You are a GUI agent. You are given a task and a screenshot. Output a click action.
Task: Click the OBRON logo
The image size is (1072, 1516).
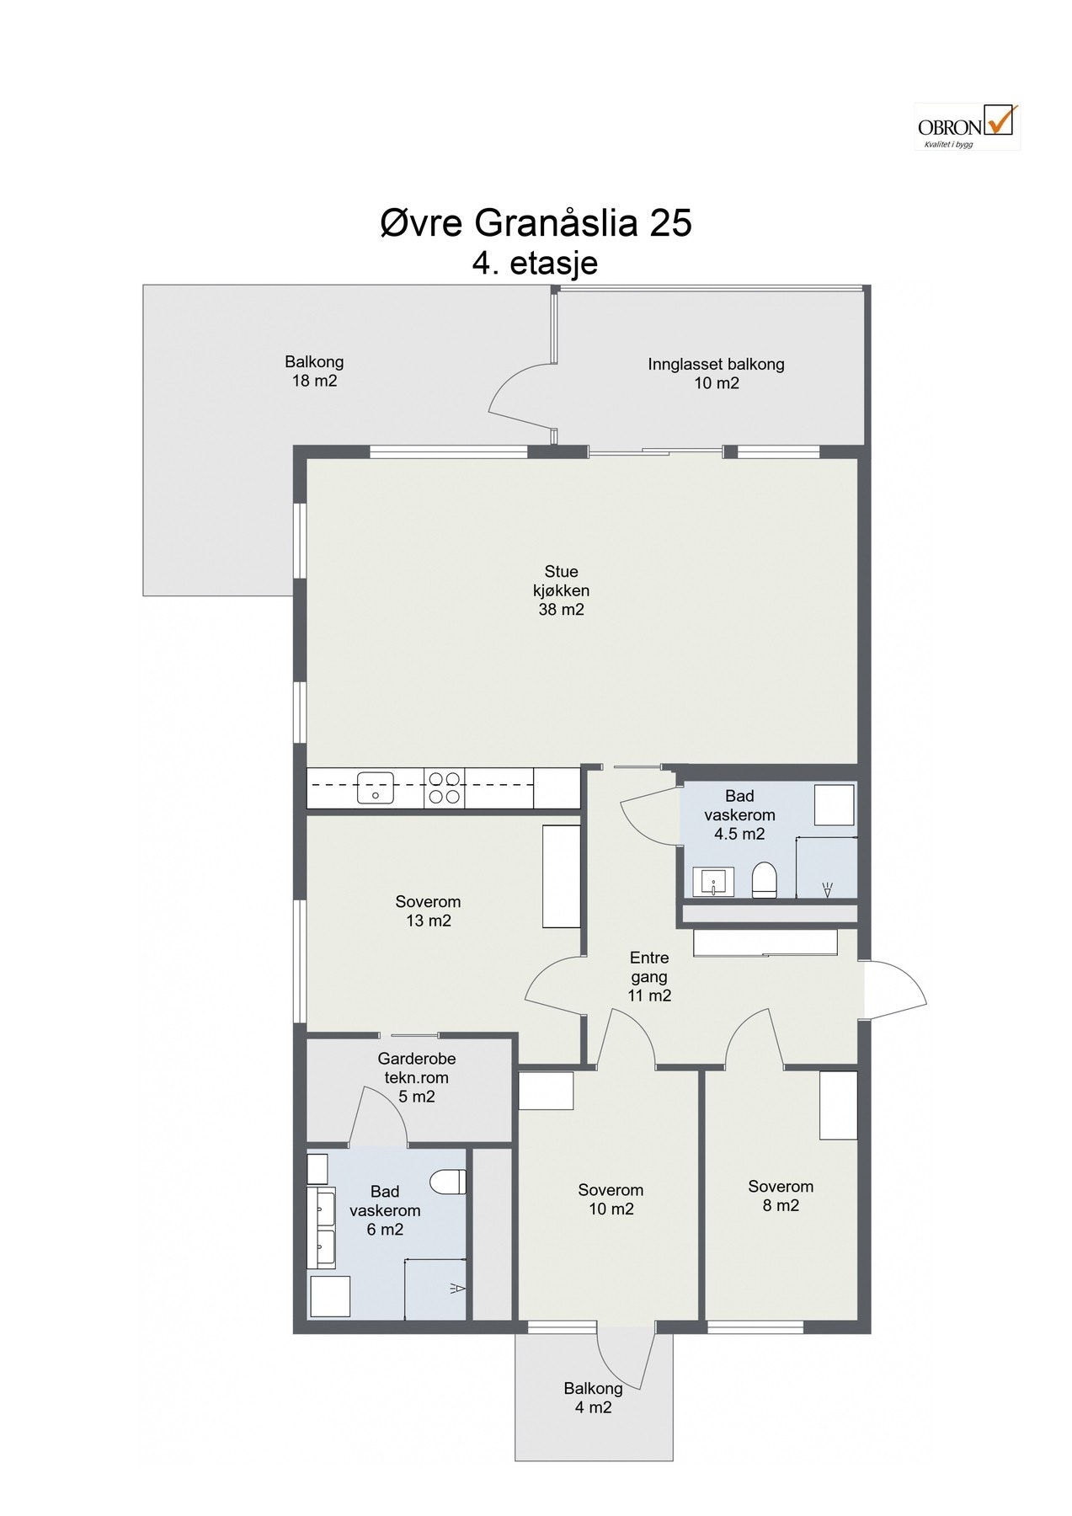[x=967, y=126]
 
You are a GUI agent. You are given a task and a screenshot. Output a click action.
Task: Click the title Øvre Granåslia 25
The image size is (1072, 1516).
[x=536, y=223]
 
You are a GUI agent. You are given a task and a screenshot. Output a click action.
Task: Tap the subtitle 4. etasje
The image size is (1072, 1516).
[x=536, y=263]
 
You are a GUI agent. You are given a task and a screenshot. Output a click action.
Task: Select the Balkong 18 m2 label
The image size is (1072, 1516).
[x=314, y=371]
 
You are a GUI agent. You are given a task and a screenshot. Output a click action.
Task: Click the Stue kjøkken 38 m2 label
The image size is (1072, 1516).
[x=561, y=590]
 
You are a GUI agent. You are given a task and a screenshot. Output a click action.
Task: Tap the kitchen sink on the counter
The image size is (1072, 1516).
[x=376, y=788]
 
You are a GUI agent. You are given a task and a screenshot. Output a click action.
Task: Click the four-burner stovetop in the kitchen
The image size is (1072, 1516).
[x=445, y=788]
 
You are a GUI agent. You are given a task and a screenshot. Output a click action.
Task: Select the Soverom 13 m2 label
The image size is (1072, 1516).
[x=429, y=911]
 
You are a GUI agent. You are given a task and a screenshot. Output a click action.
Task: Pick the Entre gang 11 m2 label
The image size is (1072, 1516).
[x=649, y=976]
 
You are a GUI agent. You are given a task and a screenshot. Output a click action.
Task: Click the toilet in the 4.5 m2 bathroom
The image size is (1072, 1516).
[x=764, y=879]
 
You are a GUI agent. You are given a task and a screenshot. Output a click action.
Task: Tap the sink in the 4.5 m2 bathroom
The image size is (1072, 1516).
[x=713, y=882]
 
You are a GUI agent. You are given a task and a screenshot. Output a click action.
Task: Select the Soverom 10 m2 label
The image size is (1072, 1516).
[x=611, y=1199]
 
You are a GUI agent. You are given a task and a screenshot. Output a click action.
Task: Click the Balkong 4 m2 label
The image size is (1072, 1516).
[x=594, y=1397]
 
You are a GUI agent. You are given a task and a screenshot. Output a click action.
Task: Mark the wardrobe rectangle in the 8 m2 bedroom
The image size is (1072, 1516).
[x=839, y=1105]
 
